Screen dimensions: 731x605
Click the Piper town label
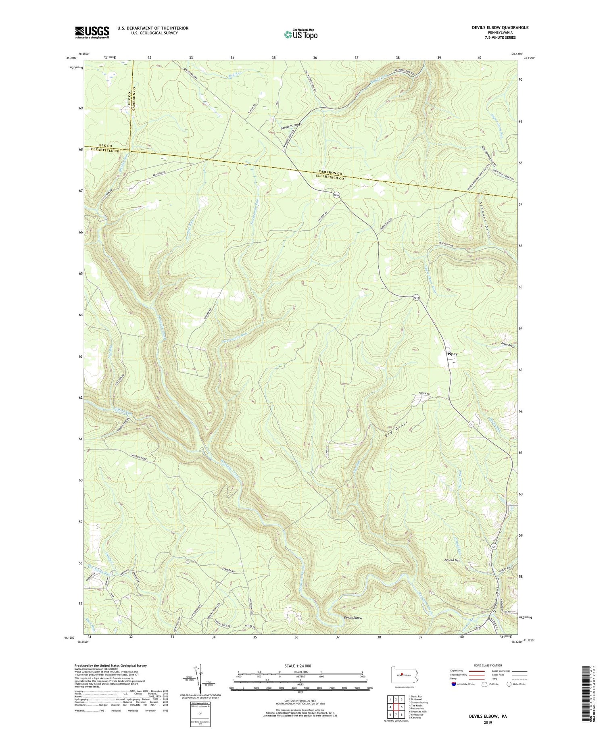(x=452, y=354)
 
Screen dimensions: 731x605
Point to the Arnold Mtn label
(x=452, y=560)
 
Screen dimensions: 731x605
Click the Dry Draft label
(x=397, y=428)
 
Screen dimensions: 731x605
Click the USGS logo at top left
(x=92, y=32)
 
